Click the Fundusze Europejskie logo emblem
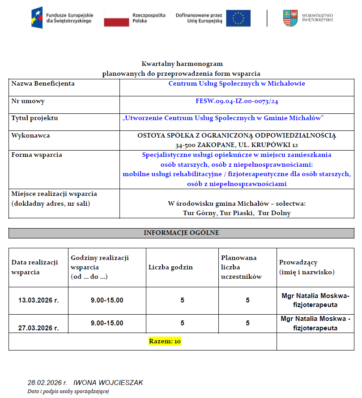click(x=37, y=18)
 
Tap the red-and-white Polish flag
click(x=116, y=18)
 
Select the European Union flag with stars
click(x=238, y=18)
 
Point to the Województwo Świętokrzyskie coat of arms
click(x=290, y=18)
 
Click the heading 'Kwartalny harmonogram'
click(x=182, y=64)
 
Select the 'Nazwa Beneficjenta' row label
click(x=43, y=83)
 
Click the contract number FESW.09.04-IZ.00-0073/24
click(x=237, y=101)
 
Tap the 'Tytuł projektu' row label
click(x=35, y=118)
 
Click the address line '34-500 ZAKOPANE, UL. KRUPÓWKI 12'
click(x=237, y=145)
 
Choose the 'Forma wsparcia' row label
click(x=37, y=155)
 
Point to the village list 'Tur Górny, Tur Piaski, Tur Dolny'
click(x=237, y=213)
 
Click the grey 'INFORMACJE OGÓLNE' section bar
click(x=181, y=233)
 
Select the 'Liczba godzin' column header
click(x=170, y=267)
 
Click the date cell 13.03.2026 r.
click(x=38, y=300)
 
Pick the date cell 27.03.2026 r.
click(x=38, y=328)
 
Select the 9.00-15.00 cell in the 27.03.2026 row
click(x=107, y=323)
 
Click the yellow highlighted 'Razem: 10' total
click(x=165, y=342)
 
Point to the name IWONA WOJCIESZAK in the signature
click(x=108, y=383)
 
